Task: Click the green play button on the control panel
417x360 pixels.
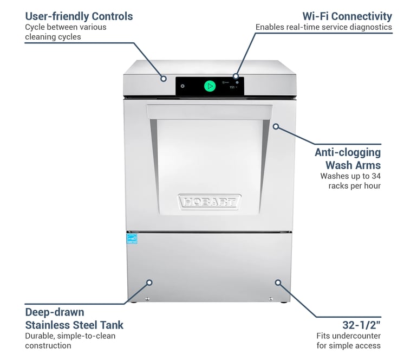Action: tap(210, 86)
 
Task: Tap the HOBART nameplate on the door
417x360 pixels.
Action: tap(208, 203)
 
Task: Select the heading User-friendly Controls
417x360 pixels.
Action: tap(79, 16)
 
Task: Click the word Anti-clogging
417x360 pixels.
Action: tap(348, 152)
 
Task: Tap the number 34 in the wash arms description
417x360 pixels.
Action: tap(375, 176)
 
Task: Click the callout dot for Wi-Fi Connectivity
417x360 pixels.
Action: tap(236, 76)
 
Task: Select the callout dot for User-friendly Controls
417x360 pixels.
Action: tap(163, 79)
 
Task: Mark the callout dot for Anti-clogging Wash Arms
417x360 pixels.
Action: tap(276, 126)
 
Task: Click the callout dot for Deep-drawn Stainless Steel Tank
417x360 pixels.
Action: tap(149, 282)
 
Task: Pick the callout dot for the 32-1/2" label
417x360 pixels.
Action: tap(278, 282)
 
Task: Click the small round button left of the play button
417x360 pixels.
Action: tap(183, 86)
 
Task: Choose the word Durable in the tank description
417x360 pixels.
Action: tap(40, 336)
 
